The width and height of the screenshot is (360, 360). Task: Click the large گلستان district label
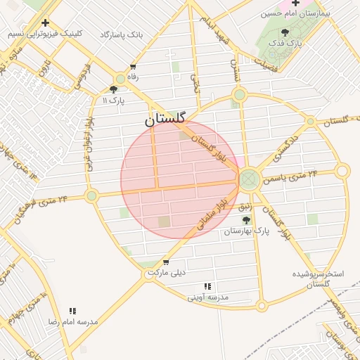click(x=169, y=120)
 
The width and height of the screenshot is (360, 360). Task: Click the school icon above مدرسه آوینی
click(x=207, y=287)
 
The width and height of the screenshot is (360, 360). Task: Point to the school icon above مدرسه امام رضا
click(x=72, y=311)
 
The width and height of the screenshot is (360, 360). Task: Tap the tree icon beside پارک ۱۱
click(x=114, y=89)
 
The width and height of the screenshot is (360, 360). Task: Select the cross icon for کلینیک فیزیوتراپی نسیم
click(x=46, y=22)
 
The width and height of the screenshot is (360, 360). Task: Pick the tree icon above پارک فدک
click(x=285, y=32)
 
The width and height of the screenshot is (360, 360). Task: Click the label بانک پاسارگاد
click(x=122, y=34)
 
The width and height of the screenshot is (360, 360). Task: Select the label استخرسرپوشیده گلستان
click(x=319, y=278)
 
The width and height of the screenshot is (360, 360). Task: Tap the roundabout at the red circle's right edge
click(x=247, y=179)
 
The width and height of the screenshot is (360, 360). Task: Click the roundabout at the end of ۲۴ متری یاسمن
click(x=342, y=171)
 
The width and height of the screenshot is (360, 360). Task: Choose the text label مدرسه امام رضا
click(x=72, y=321)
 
